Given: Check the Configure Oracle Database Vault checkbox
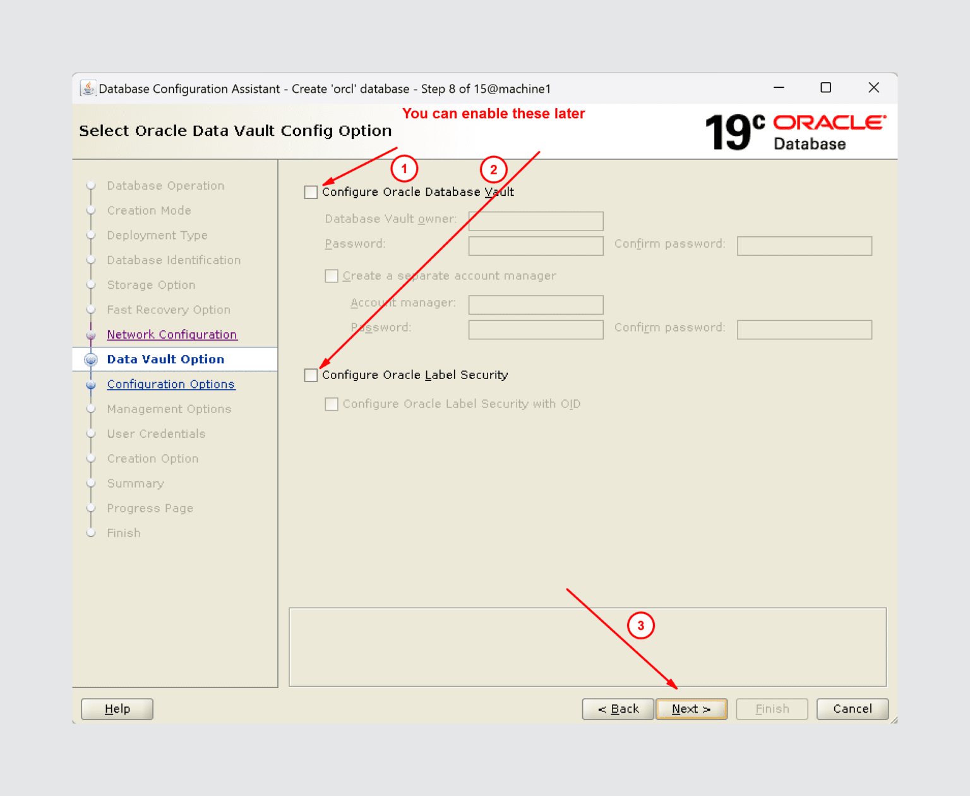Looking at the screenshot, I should pyautogui.click(x=311, y=192).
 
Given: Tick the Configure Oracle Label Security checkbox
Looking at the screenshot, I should pyautogui.click(x=311, y=375).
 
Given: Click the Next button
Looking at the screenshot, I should pyautogui.click(x=691, y=709).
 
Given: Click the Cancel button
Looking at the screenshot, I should pyautogui.click(x=852, y=709).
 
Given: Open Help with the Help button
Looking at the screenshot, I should pyautogui.click(x=117, y=709).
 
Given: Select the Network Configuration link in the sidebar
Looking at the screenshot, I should pyautogui.click(x=172, y=335).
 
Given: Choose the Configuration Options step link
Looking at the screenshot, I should pyautogui.click(x=171, y=384).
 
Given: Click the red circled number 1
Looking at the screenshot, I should pyautogui.click(x=404, y=169).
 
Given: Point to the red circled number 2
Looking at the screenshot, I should pyautogui.click(x=493, y=169).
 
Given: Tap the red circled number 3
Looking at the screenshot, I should pyautogui.click(x=640, y=625).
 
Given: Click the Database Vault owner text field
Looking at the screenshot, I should pyautogui.click(x=536, y=220).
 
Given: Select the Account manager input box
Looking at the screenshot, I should pyautogui.click(x=536, y=305).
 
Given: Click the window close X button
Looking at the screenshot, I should pyautogui.click(x=873, y=88).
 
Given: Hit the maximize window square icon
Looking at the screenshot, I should pyautogui.click(x=825, y=88).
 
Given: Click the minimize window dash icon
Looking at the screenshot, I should pyautogui.click(x=779, y=88).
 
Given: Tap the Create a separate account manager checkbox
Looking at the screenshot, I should pyautogui.click(x=332, y=276).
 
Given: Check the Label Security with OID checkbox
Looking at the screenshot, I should pyautogui.click(x=332, y=404).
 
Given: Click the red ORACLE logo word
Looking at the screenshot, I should pyautogui.click(x=829, y=123).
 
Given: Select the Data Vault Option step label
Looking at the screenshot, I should pyautogui.click(x=165, y=359).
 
